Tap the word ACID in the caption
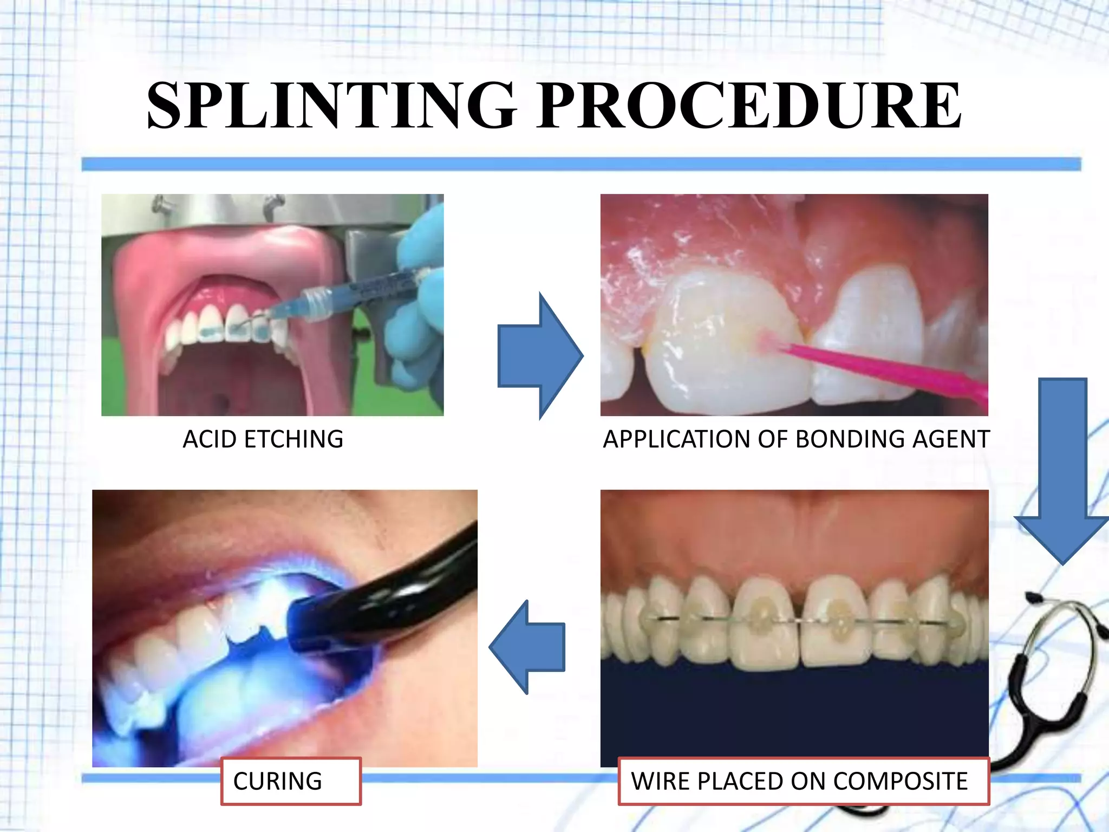click(209, 439)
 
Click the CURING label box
click(291, 781)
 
